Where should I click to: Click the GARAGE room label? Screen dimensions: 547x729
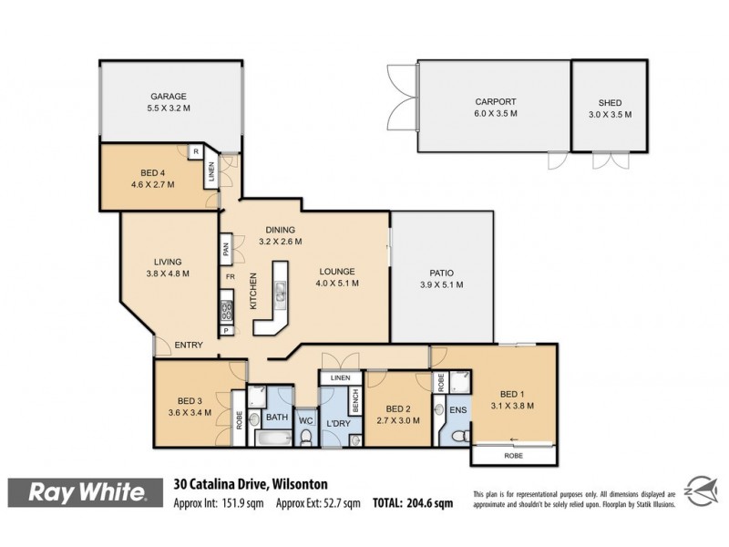pos(169,96)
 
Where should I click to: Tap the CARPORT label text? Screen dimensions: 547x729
pos(495,102)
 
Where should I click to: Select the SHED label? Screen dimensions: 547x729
pos(609,102)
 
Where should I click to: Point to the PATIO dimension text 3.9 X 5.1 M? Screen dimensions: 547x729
pos(441,285)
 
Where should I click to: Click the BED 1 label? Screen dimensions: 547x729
pos(510,394)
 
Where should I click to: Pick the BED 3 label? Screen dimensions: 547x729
pos(190,399)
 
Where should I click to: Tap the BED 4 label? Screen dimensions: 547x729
pos(152,172)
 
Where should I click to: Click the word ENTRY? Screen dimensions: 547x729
pos(189,345)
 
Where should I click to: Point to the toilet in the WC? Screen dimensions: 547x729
pos(307,439)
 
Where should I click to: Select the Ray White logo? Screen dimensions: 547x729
pos(88,493)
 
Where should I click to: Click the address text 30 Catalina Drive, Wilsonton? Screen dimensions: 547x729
pos(251,483)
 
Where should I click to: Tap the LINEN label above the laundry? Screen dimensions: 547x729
pos(340,377)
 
